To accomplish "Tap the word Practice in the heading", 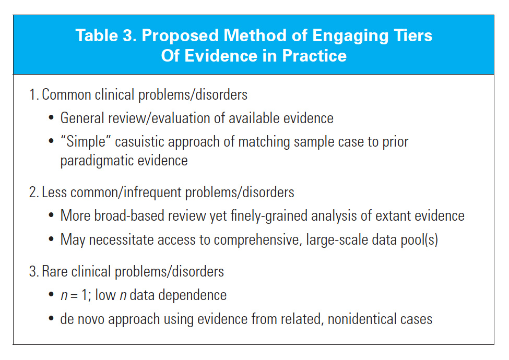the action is coord(314,56).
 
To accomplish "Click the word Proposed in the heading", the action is coord(180,35).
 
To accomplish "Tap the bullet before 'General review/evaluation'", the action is coord(51,118).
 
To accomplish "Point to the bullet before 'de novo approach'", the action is coord(51,319).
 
